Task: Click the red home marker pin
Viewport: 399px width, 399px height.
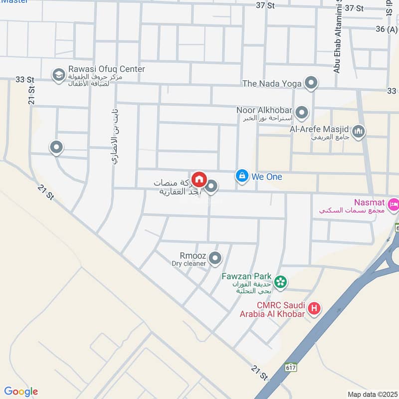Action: coord(199,179)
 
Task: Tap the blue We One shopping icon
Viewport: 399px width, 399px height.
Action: coord(242,176)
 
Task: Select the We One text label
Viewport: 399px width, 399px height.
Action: coord(267,177)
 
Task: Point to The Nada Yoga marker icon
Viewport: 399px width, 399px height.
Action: coord(311,83)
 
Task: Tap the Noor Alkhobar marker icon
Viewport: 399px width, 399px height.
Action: coord(301,113)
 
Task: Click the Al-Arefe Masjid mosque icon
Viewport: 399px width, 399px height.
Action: coord(358,132)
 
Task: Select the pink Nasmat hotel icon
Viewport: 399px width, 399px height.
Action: coord(394,203)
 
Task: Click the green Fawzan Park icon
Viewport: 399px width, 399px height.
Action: coord(281,282)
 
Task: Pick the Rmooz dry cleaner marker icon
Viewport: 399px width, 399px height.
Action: coord(215,258)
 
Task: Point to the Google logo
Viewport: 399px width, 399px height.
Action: coord(21,392)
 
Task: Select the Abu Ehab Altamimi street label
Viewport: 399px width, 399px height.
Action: coord(337,37)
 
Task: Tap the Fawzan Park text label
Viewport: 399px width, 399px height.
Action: coord(247,276)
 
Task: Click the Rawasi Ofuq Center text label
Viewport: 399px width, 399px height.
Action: coord(105,69)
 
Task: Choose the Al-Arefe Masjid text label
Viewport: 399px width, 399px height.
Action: coord(319,129)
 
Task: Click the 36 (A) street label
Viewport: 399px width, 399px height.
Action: coord(387,29)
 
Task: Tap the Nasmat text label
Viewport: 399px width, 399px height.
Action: coord(369,202)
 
